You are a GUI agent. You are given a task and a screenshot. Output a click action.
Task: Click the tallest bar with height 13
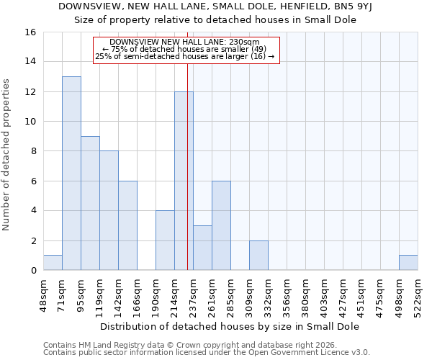tap(71, 173)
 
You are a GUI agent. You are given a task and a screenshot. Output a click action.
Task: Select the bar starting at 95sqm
tap(90, 203)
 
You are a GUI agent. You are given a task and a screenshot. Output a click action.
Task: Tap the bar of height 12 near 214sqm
tap(184, 181)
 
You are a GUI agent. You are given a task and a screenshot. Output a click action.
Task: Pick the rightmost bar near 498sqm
tap(408, 263)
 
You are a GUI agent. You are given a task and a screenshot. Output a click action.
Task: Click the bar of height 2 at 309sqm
tap(258, 256)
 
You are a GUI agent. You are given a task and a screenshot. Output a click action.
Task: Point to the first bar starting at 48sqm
tap(53, 263)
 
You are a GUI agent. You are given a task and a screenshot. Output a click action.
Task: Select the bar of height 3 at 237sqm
tap(202, 248)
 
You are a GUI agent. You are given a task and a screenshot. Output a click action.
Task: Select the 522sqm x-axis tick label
tap(418, 295)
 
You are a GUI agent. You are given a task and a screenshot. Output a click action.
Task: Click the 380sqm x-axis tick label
tap(305, 295)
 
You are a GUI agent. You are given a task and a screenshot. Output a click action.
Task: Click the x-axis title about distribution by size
tap(229, 326)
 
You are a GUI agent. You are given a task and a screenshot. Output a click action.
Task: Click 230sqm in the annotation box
tap(244, 42)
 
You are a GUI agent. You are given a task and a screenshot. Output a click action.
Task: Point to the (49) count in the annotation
tap(258, 49)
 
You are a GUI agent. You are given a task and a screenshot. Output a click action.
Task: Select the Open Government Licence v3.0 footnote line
tap(207, 353)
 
